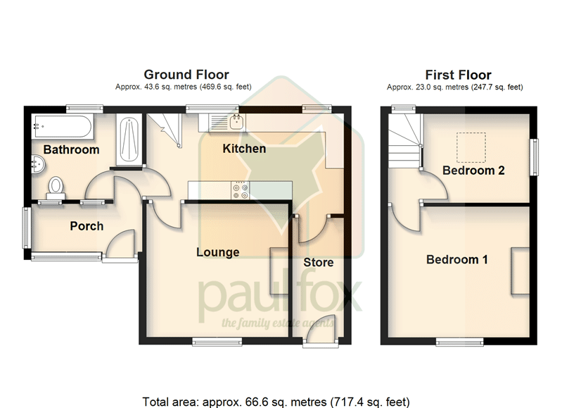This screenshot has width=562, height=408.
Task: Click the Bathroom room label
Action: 71,149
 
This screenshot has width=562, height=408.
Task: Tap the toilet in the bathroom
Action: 56,187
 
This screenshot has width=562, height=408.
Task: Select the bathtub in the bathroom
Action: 63,127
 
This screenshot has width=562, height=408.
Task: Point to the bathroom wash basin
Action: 38,164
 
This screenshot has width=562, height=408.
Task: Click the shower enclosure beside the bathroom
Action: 129,140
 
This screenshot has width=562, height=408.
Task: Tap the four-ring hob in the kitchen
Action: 240,190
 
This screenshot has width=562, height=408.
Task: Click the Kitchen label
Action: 244,148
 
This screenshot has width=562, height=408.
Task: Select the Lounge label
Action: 217,252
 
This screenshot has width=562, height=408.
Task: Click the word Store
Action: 318,263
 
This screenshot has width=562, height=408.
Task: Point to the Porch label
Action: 87,226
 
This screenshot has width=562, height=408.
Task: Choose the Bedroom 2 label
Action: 473,171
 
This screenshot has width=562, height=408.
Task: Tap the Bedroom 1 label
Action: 457,259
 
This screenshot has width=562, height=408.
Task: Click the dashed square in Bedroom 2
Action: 471,147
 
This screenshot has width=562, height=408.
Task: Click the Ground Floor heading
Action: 186,75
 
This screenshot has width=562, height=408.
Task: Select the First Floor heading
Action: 458,75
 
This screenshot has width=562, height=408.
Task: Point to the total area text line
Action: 276,402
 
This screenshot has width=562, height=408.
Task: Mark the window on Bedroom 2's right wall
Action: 534,157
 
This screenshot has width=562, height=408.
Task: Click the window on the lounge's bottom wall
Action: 217,342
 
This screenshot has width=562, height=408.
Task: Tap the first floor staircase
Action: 404,141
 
